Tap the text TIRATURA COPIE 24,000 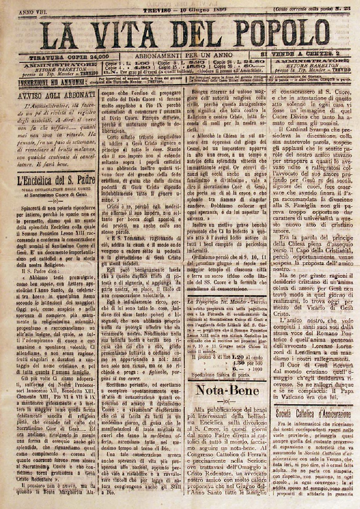(69, 57)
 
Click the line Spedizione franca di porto (220, 375)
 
